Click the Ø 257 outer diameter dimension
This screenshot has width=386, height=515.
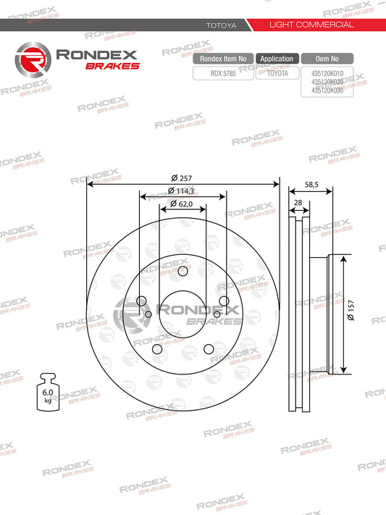(182, 178)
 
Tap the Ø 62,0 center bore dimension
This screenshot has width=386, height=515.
(182, 204)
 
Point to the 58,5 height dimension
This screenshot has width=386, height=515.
(312, 185)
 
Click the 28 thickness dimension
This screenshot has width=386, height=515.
(298, 204)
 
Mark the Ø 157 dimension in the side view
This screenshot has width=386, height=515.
(350, 313)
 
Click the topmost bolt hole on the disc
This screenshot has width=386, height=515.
(182, 271)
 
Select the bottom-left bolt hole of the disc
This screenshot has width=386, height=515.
(157, 350)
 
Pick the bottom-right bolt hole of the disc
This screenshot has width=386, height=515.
(209, 350)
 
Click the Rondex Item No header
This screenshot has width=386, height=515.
(222, 59)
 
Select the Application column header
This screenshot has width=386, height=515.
(277, 59)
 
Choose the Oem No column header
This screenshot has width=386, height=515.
(328, 59)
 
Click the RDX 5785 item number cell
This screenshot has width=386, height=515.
(222, 73)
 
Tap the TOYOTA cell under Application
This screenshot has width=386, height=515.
(277, 73)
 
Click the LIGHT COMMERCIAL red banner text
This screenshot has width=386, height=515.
(311, 25)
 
